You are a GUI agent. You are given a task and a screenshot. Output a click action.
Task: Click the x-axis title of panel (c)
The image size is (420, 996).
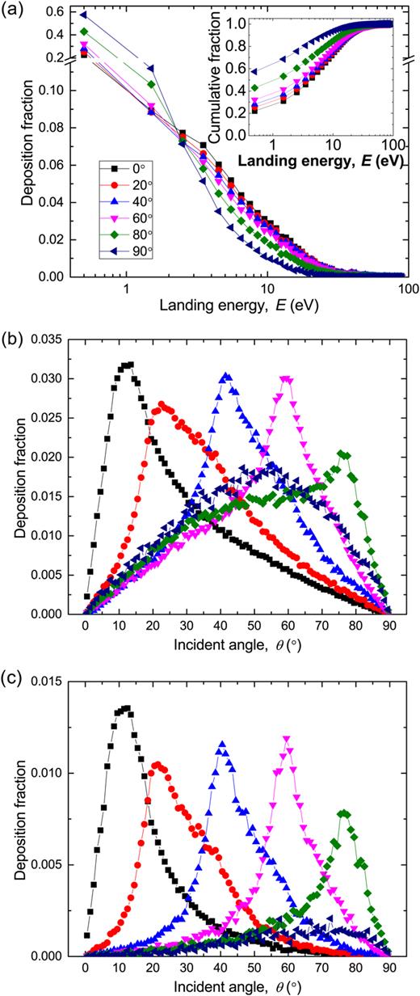238,986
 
